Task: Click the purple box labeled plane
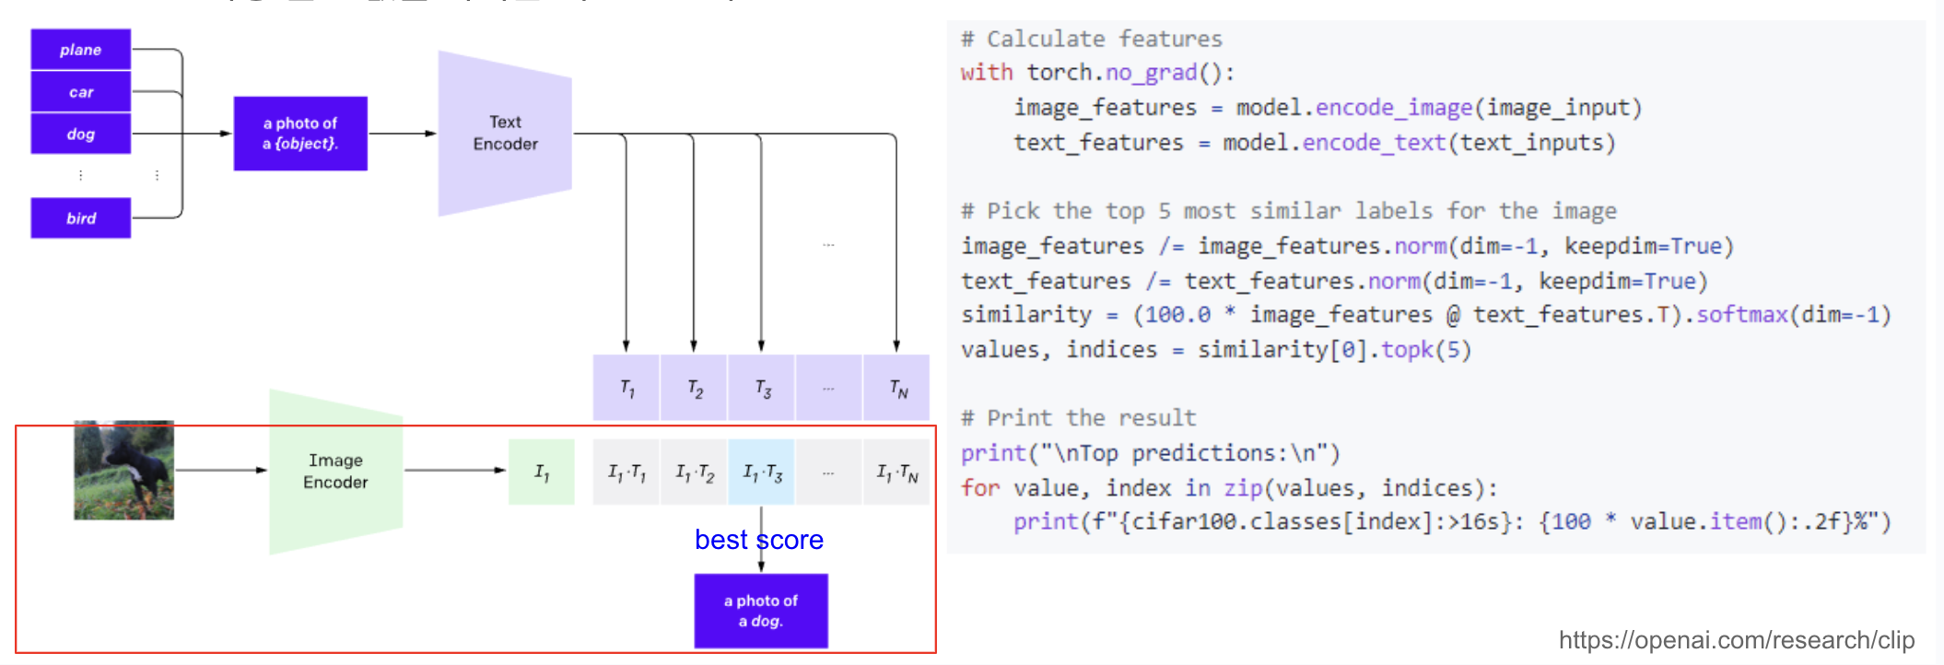coord(81,50)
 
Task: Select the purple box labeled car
coord(81,92)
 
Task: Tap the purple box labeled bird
coord(81,218)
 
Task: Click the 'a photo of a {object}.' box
coord(300,134)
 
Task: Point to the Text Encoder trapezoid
coord(505,134)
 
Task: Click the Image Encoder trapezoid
coord(335,471)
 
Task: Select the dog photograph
coord(123,471)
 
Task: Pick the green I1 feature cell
coord(542,472)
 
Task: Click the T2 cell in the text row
coord(695,388)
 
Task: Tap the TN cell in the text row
coord(897,388)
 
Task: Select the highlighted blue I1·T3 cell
coord(762,472)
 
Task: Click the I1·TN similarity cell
coord(896,472)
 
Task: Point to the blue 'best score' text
coord(758,540)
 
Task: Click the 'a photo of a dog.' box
coord(761,611)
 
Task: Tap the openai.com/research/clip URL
coord(1736,639)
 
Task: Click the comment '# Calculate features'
coord(1092,39)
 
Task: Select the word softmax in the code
coord(1741,315)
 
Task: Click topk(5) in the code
coord(1425,350)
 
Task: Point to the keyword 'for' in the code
coord(979,488)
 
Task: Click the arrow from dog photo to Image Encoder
coord(221,471)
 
